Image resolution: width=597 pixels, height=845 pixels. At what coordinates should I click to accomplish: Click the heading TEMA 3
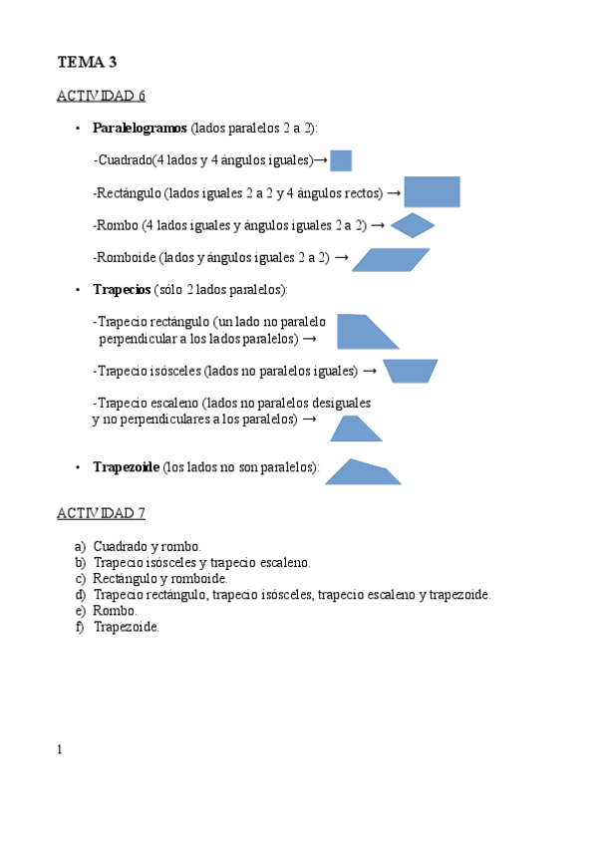click(x=88, y=62)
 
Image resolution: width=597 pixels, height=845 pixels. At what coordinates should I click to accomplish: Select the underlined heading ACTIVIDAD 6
click(x=101, y=96)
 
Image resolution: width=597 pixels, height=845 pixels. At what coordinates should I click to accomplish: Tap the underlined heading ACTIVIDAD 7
click(x=101, y=513)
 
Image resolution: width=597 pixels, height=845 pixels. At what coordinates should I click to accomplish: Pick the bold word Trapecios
click(x=122, y=289)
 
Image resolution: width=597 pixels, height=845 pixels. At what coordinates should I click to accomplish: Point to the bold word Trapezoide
click(x=126, y=466)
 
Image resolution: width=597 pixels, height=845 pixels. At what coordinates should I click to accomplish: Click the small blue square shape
click(x=341, y=160)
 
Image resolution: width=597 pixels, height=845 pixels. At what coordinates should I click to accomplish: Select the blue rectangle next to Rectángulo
click(x=432, y=192)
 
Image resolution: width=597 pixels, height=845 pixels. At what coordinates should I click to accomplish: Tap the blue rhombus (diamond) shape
click(x=413, y=225)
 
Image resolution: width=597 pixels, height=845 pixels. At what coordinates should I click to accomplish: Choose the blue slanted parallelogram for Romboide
click(x=391, y=259)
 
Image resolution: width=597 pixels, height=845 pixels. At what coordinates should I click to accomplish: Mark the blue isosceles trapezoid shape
click(x=410, y=371)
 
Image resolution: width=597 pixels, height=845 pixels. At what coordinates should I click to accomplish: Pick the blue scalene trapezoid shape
click(x=356, y=428)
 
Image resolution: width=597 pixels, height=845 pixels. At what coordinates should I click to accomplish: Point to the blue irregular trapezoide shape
click(x=362, y=472)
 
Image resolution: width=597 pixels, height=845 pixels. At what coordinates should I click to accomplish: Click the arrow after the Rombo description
click(x=379, y=226)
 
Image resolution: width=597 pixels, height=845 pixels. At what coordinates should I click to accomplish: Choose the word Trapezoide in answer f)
click(x=125, y=626)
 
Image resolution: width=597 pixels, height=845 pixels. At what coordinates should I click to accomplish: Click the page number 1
click(x=60, y=749)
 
